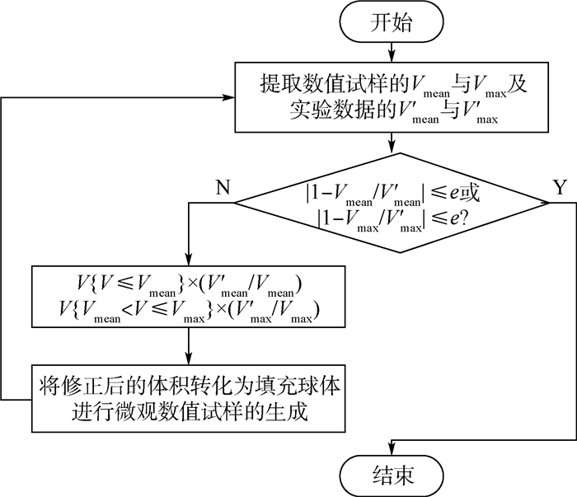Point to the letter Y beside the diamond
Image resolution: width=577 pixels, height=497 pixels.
(560, 187)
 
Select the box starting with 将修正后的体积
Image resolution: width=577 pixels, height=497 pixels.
(191, 398)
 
